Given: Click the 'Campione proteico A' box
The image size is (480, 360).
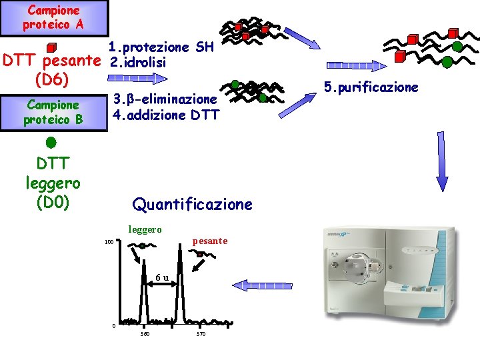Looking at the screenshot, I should [53, 18].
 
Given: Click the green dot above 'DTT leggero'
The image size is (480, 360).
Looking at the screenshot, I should [51, 143].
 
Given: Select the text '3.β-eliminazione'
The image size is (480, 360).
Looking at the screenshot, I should [165, 99].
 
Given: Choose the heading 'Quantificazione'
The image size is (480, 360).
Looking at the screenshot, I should [193, 204].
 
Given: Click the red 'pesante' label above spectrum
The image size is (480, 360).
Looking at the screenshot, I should [209, 241].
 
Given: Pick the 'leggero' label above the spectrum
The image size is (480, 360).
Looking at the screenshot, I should [145, 229].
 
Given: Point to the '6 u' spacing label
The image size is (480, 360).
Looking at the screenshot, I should [161, 277].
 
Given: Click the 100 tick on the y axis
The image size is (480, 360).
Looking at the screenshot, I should [108, 242].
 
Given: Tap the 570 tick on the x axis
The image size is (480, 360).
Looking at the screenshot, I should [201, 333].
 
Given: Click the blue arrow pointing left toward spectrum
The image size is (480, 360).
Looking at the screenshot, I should [266, 285].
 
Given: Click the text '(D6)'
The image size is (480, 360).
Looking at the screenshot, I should [51, 78].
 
